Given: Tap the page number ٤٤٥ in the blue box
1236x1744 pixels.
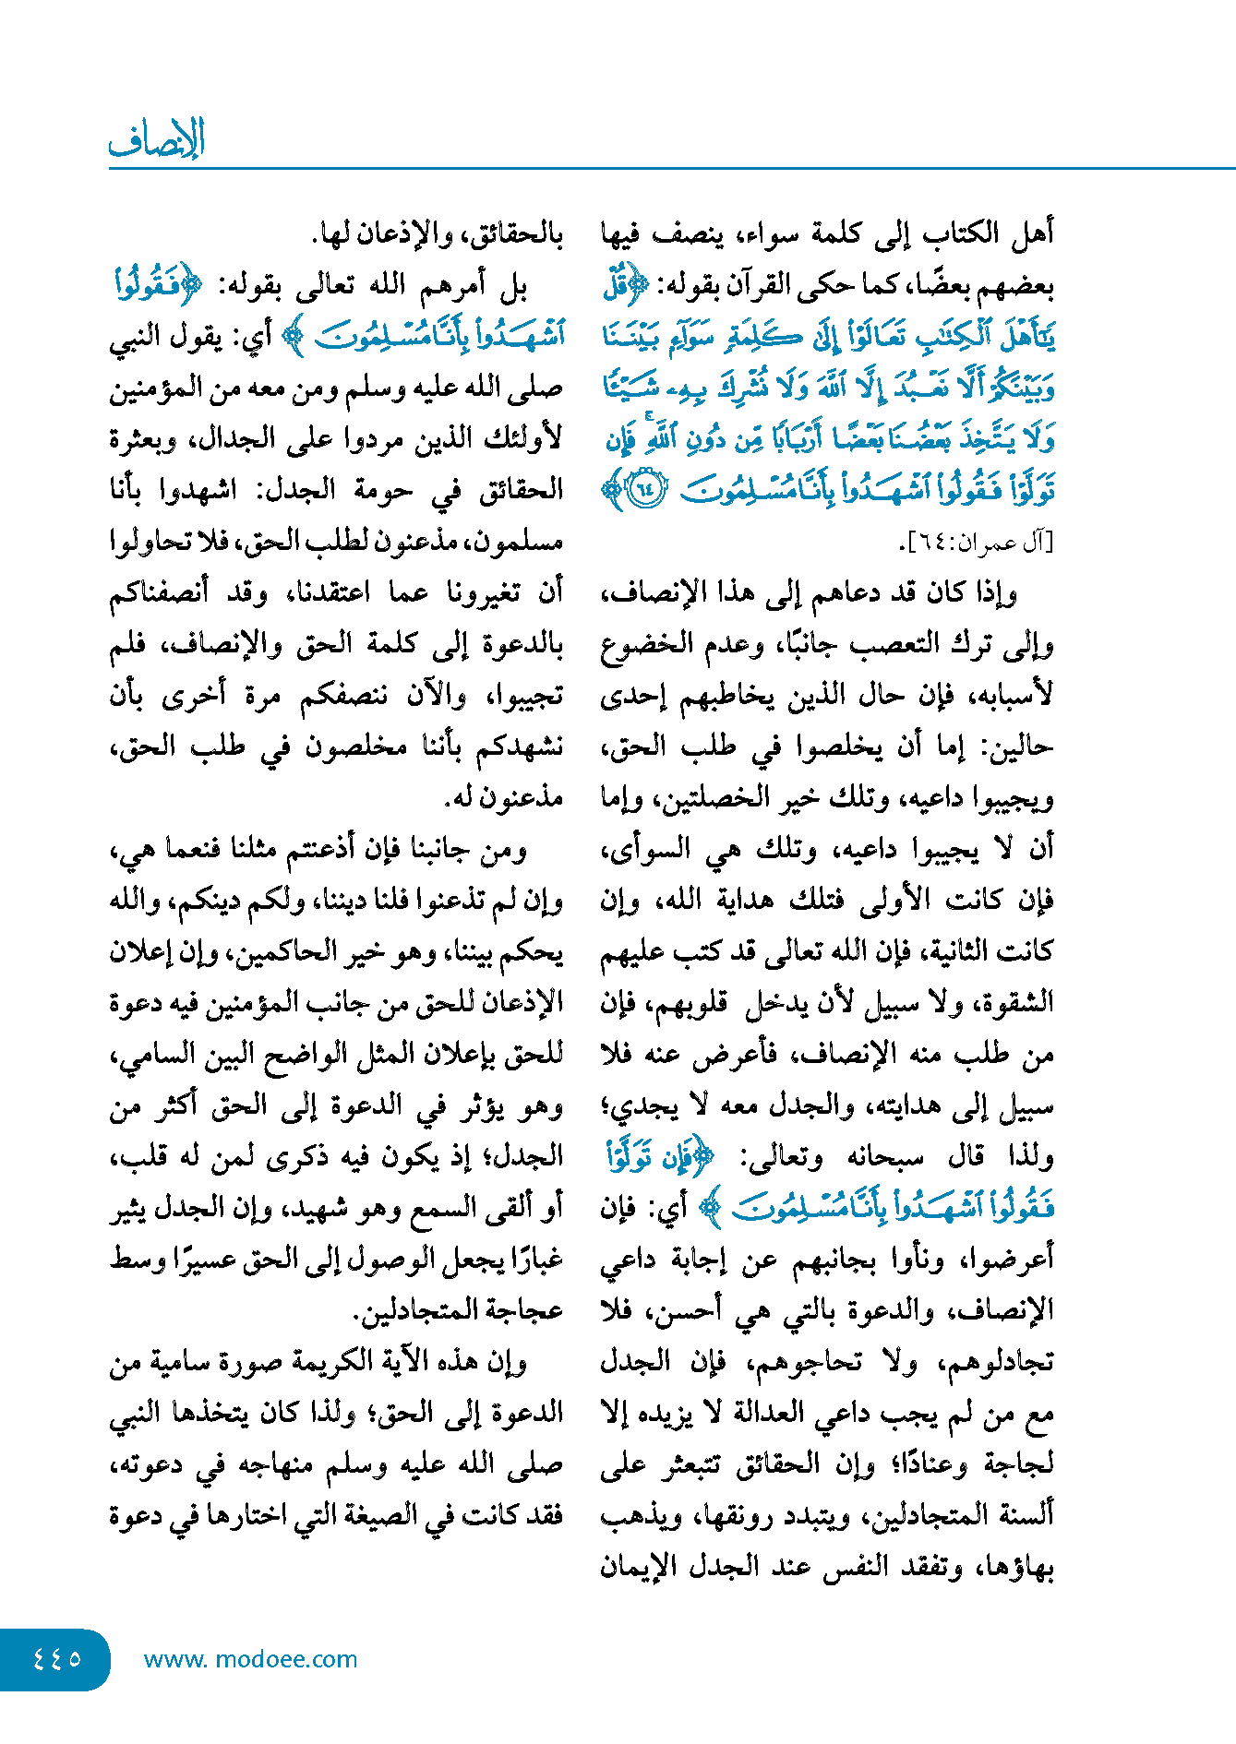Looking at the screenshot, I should tap(57, 1658).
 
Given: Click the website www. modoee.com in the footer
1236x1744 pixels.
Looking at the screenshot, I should tap(250, 1659).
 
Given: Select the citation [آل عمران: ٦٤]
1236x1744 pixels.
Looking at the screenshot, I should tap(979, 544).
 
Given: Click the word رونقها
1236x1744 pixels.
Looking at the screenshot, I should tap(751, 1514).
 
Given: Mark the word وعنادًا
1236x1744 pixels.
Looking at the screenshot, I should tap(931, 1463).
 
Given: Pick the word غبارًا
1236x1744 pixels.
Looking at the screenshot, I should tap(530, 1259).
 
